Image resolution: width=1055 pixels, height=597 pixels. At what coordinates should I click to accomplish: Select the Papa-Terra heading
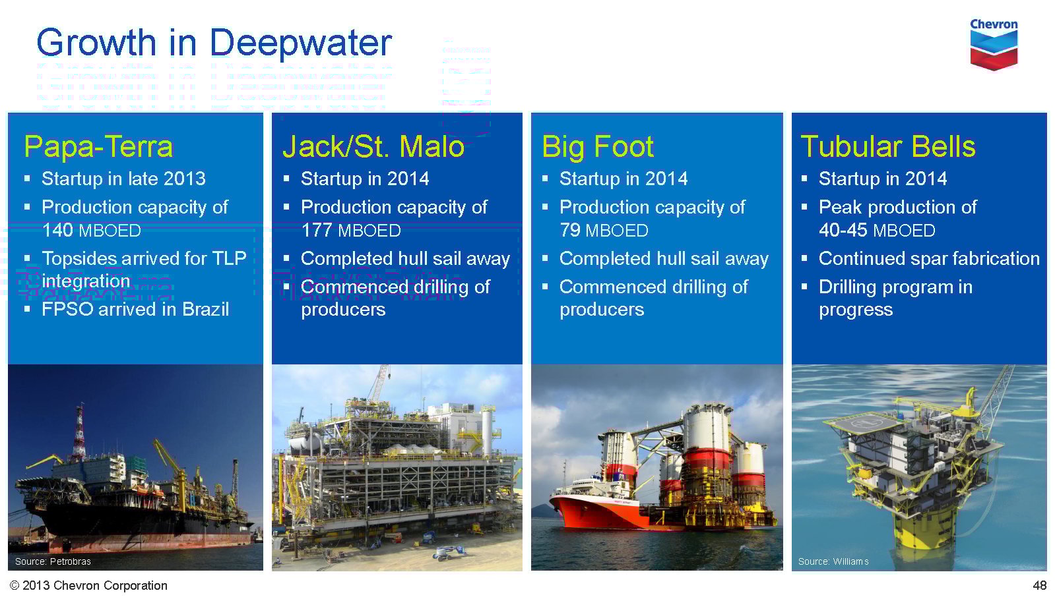point(98,146)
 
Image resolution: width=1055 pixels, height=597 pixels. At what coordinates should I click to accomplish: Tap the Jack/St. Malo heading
point(373,146)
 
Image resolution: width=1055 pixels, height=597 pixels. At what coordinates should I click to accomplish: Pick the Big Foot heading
point(598,146)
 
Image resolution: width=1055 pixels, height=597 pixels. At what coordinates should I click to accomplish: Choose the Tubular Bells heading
point(888,146)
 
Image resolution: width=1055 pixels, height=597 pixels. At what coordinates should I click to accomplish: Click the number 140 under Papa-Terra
point(57,231)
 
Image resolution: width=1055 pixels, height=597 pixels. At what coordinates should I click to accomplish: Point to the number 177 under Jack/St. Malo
point(317,231)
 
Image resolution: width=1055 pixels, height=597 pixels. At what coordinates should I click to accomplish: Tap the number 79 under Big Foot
point(570,231)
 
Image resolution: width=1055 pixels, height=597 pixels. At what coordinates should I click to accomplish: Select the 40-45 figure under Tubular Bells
point(843,231)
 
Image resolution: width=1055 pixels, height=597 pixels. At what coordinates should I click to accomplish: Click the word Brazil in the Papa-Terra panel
point(205,310)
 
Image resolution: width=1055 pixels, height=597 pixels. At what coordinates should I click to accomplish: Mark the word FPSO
point(67,310)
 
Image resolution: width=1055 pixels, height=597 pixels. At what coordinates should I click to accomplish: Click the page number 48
point(1039,585)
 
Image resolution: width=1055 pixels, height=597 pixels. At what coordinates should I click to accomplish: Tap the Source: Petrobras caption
point(53,561)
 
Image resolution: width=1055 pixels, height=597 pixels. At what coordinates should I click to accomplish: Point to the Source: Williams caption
point(833,561)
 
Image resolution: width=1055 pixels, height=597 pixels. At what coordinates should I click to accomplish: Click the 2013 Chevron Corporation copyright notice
point(88,585)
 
